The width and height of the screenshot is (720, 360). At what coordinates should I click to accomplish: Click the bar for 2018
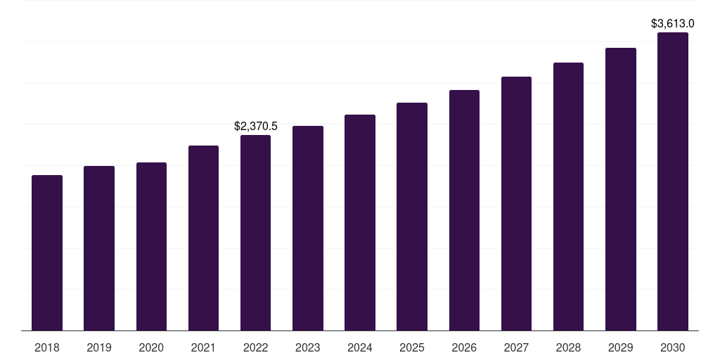(47, 253)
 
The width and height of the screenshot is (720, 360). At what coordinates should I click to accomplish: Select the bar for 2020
(151, 247)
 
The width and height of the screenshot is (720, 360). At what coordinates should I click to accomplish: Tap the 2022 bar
(255, 233)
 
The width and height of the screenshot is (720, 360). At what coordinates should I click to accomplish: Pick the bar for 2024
(360, 223)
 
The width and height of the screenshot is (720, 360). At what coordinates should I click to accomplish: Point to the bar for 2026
(464, 210)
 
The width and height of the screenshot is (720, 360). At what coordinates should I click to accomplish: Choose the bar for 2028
(568, 197)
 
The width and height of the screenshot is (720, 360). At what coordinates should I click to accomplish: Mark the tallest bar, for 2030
(673, 181)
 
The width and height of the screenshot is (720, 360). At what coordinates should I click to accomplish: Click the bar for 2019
(99, 248)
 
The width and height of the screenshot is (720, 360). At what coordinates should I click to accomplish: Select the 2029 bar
(621, 189)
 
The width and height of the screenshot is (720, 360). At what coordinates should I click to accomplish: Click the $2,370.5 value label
(256, 127)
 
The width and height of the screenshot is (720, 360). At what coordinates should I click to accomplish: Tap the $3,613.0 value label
(673, 24)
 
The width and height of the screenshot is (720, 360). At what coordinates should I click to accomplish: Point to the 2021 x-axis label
(203, 347)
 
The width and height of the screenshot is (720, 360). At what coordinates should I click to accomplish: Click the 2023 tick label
(308, 347)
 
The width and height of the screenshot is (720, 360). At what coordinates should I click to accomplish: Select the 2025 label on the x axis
(412, 347)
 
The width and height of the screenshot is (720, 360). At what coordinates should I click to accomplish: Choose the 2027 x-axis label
(516, 347)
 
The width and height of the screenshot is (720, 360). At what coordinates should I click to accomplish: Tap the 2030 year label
(673, 347)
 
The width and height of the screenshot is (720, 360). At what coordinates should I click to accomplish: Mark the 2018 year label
(47, 347)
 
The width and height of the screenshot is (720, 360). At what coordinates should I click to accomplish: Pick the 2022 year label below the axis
(255, 347)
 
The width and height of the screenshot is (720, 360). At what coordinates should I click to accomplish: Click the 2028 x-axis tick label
(568, 347)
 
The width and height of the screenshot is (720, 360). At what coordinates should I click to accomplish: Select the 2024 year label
(360, 347)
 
